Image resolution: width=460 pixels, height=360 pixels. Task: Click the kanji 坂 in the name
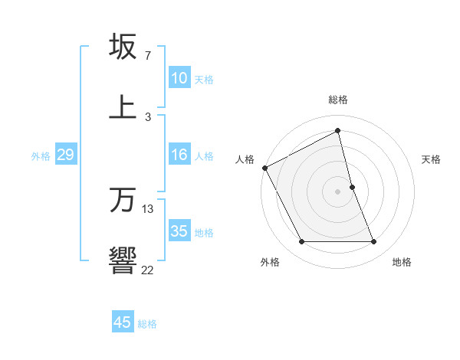pos(123,47)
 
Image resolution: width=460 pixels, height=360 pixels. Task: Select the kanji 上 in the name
pos(123,106)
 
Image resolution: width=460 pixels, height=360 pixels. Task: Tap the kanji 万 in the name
pos(123,200)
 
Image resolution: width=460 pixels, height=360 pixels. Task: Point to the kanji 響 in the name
pos(123,260)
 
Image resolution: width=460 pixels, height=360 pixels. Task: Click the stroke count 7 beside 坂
pos(147,57)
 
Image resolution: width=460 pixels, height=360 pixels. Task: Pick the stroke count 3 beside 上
pos(147,116)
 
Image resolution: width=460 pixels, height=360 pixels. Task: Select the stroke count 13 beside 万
pos(148,209)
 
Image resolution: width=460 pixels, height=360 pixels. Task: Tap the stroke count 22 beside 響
pos(147,270)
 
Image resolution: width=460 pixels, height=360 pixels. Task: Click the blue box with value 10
pos(179,78)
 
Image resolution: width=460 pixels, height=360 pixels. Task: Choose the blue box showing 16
pos(179,155)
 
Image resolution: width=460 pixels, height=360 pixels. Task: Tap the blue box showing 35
pos(179,231)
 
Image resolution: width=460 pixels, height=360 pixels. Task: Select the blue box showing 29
pos(65,155)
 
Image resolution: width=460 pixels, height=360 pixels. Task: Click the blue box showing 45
pos(123,322)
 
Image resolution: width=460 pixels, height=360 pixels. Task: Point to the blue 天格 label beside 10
pos(204,79)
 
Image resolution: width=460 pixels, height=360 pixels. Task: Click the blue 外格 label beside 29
pos(41,155)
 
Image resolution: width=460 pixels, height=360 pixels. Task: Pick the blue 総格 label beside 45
pos(147,323)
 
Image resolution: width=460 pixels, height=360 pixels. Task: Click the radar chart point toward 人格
pos(264,167)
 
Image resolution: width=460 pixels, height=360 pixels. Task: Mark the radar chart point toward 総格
pos(338,131)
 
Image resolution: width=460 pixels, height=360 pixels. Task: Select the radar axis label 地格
pos(402,262)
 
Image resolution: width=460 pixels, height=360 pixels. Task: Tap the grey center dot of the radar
pos(338,191)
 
